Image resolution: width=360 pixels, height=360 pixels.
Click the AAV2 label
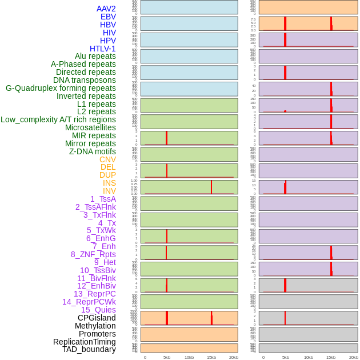[x=106, y=9]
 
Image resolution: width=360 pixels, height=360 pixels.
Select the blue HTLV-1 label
[x=102, y=49]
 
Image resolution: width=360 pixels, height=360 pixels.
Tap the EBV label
[x=108, y=17]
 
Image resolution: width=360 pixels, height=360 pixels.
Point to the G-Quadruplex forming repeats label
[x=61, y=88]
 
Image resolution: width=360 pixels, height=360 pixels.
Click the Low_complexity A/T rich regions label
[x=58, y=119]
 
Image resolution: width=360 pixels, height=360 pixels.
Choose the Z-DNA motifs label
[x=93, y=151]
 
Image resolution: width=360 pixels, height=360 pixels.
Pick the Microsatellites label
[x=90, y=127]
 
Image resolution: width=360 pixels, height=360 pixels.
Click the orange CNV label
[x=107, y=159]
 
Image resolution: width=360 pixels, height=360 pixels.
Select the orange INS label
[x=109, y=183]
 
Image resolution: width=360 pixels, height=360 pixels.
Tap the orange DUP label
[x=107, y=175]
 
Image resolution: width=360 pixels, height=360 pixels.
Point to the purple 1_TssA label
[x=103, y=199]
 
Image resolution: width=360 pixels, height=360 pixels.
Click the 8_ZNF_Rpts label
[x=93, y=254]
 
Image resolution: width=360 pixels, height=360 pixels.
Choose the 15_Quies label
[x=98, y=310]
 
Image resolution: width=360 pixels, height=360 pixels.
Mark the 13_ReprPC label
[x=94, y=294]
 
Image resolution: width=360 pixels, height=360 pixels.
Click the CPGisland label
[x=97, y=318]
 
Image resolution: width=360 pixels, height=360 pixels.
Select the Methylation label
[x=95, y=326]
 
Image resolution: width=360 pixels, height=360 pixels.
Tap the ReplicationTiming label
[x=84, y=342]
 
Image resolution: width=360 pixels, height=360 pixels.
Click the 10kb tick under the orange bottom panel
[x=189, y=357]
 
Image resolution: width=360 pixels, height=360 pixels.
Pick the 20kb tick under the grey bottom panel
[x=353, y=357]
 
